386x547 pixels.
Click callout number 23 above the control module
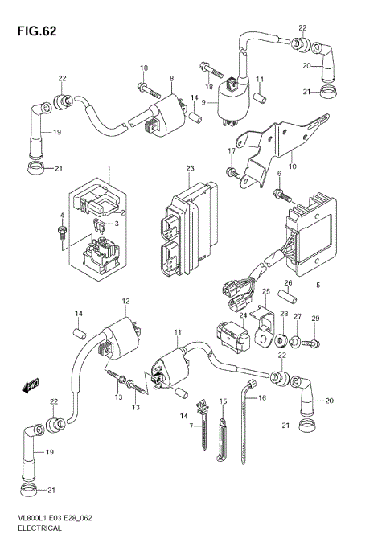[190, 169]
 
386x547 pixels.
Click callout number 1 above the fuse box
[107, 169]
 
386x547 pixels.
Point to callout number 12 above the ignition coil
[125, 301]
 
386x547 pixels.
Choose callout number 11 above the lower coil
[178, 332]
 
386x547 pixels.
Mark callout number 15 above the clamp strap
[223, 401]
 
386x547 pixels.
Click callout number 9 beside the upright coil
[204, 102]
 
